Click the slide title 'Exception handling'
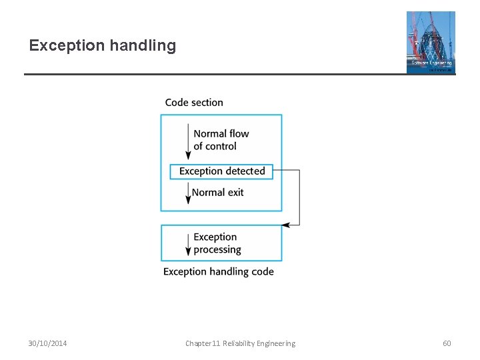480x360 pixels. pos(103,46)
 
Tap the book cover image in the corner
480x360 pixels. pos(431,42)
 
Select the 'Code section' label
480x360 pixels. pos(194,103)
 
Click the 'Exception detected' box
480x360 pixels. pos(222,171)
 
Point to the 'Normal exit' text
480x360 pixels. pos(218,193)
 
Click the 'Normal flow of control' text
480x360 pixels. pos(221,140)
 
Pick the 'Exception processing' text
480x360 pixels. pos(217,243)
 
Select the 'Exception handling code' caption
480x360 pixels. pos(218,272)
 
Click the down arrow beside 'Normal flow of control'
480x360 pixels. pos(188,142)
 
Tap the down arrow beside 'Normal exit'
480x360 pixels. pos(188,193)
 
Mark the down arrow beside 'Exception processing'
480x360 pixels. pos(188,243)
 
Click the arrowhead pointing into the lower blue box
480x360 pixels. pos(286,225)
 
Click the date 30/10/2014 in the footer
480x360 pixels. pos(47,343)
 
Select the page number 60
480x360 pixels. pos(447,343)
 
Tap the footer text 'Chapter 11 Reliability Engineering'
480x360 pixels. pos(240,343)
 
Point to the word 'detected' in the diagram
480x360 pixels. pos(245,171)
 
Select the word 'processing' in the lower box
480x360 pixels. pos(217,250)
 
